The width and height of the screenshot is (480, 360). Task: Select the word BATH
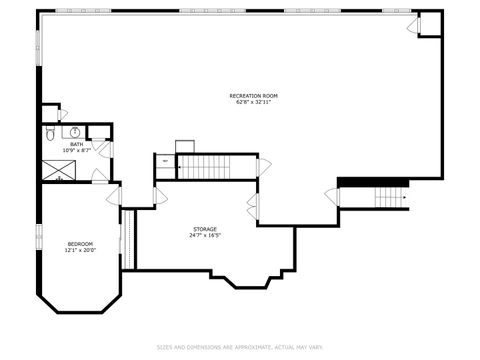click(76, 144)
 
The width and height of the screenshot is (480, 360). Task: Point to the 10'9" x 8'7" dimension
click(76, 151)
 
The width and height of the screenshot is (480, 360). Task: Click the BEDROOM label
click(80, 244)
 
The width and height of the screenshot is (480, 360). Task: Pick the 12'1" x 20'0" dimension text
click(80, 251)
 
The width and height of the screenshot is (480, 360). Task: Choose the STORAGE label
click(204, 229)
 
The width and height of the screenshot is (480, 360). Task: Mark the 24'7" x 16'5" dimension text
click(204, 236)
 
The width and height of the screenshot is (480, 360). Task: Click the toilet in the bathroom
click(52, 133)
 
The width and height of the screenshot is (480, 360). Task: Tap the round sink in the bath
click(74, 132)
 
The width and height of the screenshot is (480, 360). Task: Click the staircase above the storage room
click(206, 166)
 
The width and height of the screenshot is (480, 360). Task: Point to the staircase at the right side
click(389, 197)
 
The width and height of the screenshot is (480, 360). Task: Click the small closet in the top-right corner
click(430, 24)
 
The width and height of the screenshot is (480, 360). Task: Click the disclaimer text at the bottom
click(239, 348)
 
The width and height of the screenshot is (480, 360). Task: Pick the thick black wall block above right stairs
click(374, 182)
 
